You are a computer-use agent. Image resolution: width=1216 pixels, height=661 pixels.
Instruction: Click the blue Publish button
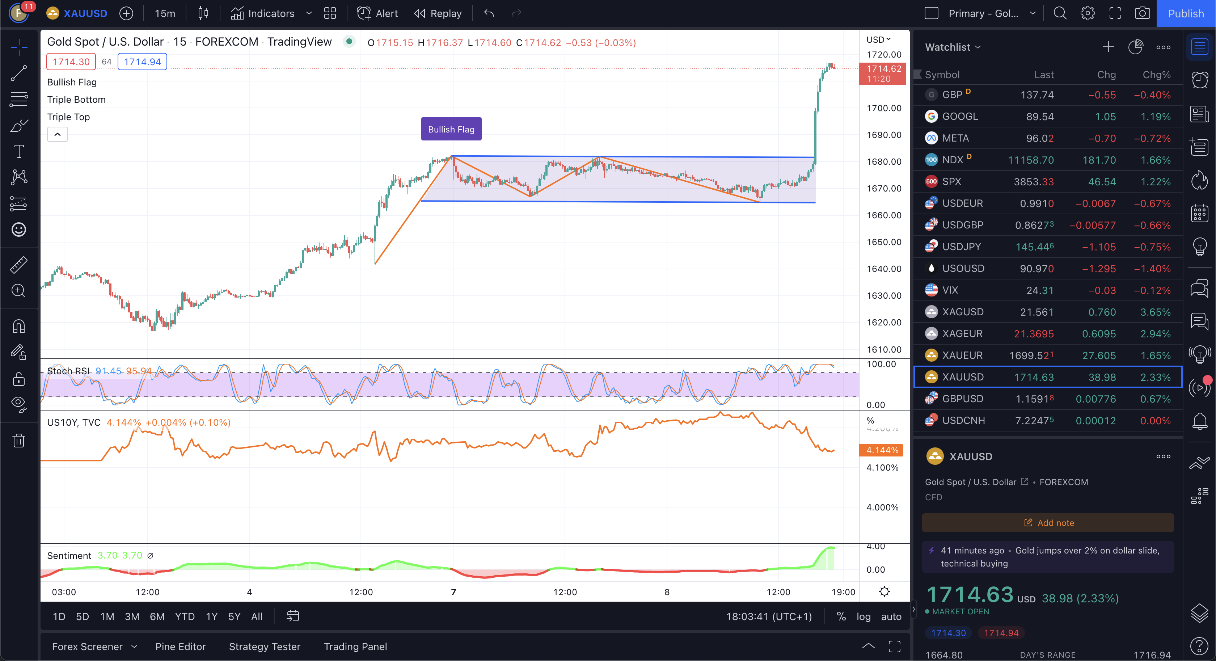[1185, 13]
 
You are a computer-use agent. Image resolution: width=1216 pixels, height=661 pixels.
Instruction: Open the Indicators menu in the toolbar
[262, 13]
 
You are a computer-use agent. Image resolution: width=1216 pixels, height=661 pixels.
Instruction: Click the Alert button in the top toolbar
[377, 13]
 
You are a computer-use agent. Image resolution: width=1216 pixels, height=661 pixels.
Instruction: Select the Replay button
[438, 13]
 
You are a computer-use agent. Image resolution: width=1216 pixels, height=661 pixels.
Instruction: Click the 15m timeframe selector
[165, 13]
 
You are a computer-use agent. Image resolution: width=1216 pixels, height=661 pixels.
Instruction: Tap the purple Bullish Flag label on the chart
[451, 129]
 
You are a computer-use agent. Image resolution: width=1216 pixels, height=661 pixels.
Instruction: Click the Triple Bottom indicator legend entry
[76, 100]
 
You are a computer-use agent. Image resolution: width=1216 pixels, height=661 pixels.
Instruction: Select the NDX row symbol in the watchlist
[952, 160]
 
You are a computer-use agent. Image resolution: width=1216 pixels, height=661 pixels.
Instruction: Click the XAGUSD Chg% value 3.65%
[1155, 312]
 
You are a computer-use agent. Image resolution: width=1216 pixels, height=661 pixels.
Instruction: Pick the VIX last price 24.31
[1039, 290]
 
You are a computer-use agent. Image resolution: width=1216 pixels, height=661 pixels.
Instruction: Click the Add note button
[1048, 523]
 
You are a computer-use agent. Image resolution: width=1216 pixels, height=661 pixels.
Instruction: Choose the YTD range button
[185, 616]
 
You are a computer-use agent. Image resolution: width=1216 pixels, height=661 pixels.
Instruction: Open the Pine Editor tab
[180, 647]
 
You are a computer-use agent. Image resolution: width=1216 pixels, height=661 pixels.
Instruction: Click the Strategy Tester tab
[264, 647]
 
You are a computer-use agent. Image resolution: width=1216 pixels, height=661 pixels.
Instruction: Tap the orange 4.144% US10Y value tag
[881, 450]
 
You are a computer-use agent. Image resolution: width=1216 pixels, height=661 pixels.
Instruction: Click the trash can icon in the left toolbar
[19, 441]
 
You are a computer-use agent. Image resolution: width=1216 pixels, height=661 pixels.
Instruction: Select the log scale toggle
[864, 616]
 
